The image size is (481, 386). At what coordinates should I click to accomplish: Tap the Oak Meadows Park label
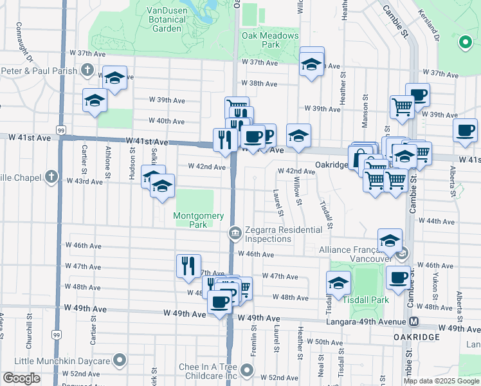click(x=270, y=40)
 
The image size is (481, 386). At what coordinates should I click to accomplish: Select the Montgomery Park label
click(x=199, y=220)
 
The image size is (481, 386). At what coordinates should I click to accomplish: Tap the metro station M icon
click(x=414, y=321)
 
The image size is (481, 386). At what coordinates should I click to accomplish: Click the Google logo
click(x=21, y=379)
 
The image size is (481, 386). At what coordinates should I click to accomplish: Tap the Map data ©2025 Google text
click(x=441, y=381)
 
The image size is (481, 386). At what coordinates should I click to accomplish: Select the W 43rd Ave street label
click(x=85, y=181)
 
